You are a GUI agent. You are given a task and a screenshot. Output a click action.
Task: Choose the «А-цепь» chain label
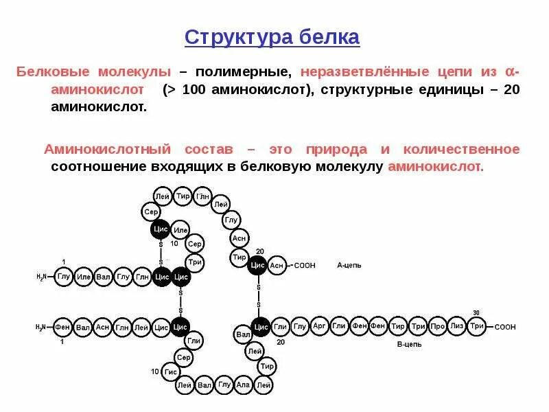[x=349, y=264]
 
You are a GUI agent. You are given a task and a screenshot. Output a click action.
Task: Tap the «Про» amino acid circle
[x=437, y=326]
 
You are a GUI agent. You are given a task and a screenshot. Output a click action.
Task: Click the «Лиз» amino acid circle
[x=457, y=326]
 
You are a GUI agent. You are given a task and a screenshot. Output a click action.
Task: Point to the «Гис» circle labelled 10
[x=171, y=373]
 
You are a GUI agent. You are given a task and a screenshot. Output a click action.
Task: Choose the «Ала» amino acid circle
[x=244, y=385]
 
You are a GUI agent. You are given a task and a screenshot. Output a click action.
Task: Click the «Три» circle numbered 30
[x=477, y=326]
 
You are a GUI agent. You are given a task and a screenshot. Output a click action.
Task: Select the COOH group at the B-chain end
[x=505, y=327]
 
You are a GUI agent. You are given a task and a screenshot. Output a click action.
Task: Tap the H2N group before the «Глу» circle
[x=43, y=277]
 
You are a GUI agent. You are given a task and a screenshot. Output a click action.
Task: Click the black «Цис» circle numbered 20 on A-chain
[x=258, y=265]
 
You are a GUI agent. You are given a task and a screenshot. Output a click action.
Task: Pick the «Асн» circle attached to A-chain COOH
[x=277, y=265]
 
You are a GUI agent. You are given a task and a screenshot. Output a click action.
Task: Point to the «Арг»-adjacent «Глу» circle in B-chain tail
[x=300, y=326]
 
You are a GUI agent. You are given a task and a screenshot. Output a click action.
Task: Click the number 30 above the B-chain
[x=476, y=312]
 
